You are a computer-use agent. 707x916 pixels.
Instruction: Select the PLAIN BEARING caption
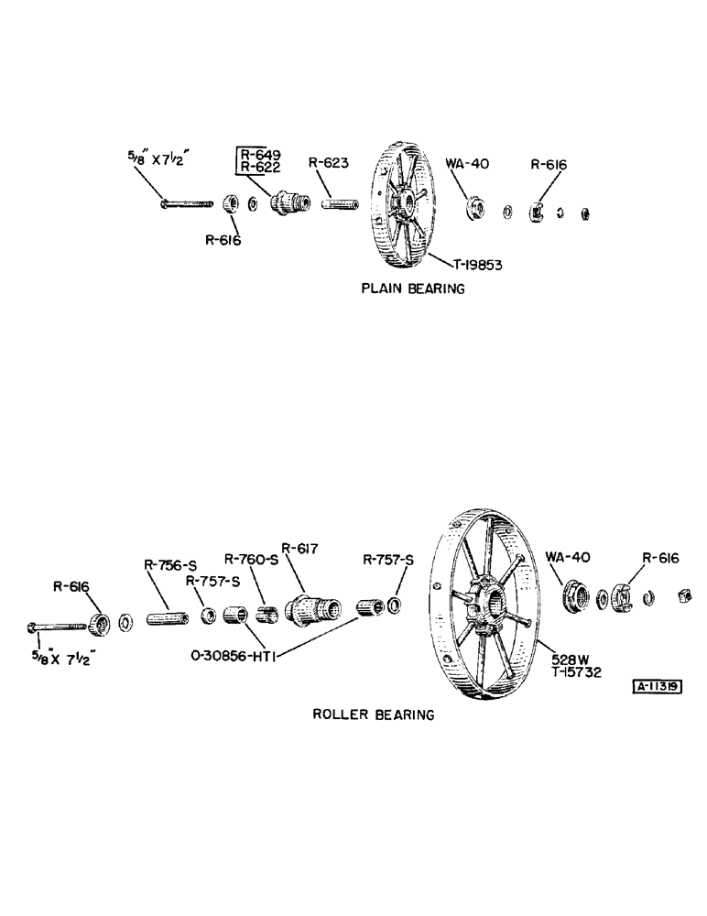[x=412, y=289]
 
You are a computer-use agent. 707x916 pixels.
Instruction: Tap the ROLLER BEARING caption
[x=374, y=714]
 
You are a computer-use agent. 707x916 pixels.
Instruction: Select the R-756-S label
[x=170, y=566]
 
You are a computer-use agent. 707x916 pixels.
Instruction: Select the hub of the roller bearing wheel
[x=489, y=607]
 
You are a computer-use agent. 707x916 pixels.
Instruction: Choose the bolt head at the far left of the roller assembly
[x=33, y=627]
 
